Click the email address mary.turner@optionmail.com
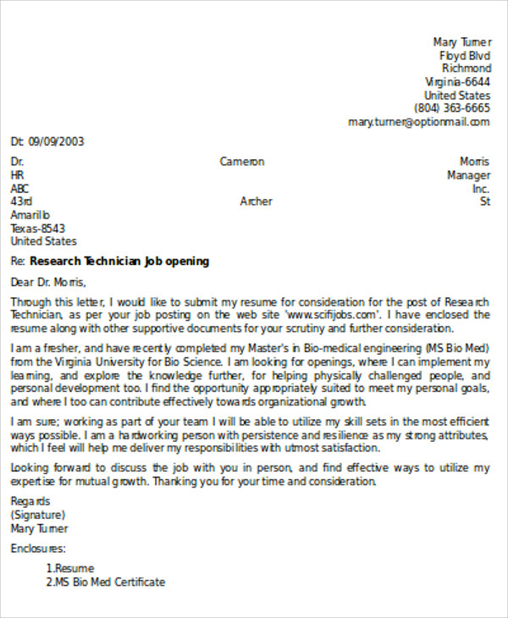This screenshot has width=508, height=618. (418, 122)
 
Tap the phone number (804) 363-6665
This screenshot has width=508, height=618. (451, 108)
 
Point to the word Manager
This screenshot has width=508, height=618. (468, 175)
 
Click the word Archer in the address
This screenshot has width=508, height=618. (257, 201)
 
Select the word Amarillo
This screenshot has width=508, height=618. (30, 215)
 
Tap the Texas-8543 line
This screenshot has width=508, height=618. (37, 229)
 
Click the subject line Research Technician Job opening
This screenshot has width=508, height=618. (119, 262)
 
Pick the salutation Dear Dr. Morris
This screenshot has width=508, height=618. (48, 282)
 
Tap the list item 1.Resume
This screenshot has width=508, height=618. (70, 569)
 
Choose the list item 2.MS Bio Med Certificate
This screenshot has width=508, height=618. (106, 582)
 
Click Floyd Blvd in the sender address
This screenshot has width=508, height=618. (465, 55)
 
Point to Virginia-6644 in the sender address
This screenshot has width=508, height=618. (457, 82)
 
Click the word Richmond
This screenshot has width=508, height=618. (466, 69)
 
